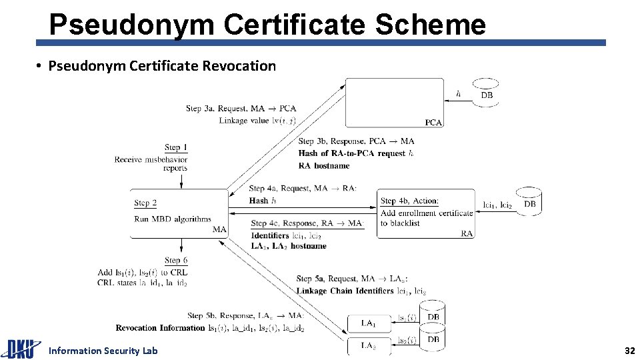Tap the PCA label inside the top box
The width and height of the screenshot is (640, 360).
pos(433,122)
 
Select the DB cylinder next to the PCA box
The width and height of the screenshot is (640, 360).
pos(487,93)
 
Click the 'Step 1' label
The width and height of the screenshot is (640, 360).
pos(176,147)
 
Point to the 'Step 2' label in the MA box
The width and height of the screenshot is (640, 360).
pos(145,203)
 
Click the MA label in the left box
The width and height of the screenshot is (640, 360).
pos(219,229)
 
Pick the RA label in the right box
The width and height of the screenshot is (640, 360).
pos(467,233)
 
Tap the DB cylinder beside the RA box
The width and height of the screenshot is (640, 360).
pos(529,202)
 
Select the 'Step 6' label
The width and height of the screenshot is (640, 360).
pos(176,260)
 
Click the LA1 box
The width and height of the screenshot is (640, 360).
pos(369,323)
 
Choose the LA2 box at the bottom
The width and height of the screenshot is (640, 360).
pos(369,346)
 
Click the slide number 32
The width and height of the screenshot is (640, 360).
pos(629,351)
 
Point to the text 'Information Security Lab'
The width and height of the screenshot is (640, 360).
pos(103,351)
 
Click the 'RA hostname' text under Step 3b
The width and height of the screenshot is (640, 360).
pos(324,165)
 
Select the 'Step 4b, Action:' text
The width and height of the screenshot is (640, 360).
pos(409,201)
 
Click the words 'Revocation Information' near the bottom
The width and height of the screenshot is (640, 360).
pos(160,327)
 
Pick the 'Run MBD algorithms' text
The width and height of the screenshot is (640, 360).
pos(172,219)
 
